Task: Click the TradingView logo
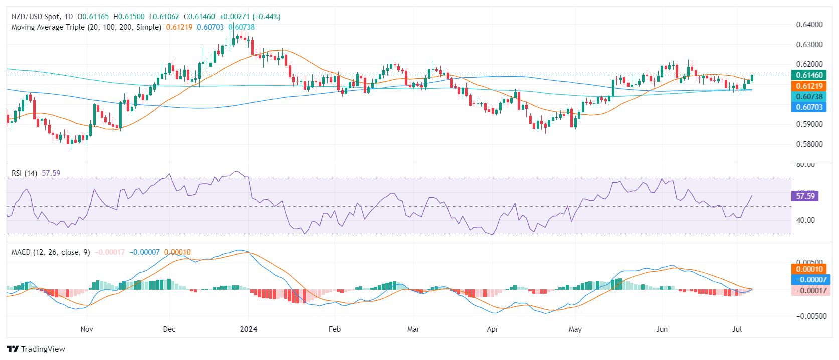click(36, 349)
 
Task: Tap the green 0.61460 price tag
click(809, 75)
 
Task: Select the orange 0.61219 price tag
click(809, 86)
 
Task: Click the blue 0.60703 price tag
click(809, 107)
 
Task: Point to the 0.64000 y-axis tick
click(809, 25)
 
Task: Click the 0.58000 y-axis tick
click(809, 144)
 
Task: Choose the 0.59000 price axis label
click(809, 124)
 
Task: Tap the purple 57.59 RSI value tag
click(805, 196)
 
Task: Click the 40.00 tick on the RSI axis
click(805, 220)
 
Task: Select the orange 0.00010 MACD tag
click(809, 269)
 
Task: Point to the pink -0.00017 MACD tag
click(809, 290)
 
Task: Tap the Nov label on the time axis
click(87, 329)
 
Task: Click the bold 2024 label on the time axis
click(249, 329)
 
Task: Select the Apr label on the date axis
click(493, 329)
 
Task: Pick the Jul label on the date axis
click(737, 329)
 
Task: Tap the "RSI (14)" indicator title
click(24, 173)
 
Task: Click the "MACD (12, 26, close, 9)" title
click(51, 252)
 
